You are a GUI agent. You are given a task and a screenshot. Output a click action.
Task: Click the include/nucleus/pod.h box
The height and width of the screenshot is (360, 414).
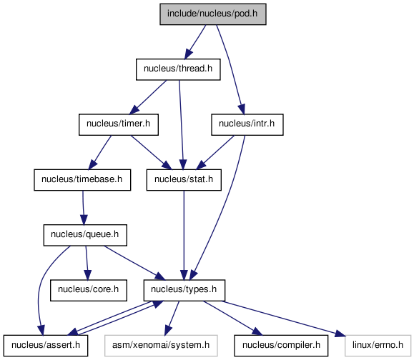[213, 14]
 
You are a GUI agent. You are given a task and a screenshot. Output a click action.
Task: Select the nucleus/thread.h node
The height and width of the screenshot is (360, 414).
[178, 69]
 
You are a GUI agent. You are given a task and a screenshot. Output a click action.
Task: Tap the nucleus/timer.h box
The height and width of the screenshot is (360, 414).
[119, 124]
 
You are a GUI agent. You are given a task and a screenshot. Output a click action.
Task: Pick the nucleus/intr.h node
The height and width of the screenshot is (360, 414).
[247, 124]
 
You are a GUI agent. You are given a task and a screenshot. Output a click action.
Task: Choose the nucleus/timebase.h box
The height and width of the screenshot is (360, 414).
[82, 180]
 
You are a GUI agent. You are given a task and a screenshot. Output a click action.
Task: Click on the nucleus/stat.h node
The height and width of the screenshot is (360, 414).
[184, 180]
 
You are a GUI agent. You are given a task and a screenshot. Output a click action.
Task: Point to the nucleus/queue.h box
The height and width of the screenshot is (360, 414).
[85, 235]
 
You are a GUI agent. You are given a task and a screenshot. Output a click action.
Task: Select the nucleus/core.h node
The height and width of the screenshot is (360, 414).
[89, 290]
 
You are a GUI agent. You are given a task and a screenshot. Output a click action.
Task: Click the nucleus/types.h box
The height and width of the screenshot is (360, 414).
[184, 290]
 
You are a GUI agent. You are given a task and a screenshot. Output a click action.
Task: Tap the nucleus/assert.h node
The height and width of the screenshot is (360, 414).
[46, 346]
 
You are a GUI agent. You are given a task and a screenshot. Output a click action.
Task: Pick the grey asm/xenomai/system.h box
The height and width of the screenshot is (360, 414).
[161, 346]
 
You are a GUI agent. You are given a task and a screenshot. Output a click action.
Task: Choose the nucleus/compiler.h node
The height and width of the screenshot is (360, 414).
[281, 346]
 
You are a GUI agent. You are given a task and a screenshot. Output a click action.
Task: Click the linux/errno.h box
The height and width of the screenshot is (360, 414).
[378, 346]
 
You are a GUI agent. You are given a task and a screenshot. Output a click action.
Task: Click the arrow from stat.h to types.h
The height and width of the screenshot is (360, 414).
[184, 235]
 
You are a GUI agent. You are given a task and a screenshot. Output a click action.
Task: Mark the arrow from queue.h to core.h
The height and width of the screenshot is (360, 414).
[87, 263]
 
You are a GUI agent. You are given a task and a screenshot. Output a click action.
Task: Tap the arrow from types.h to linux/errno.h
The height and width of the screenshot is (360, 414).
[284, 319]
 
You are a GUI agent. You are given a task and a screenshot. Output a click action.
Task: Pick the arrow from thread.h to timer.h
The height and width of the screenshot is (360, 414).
[149, 97]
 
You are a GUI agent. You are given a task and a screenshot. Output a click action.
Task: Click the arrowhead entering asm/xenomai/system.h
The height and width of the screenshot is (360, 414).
[167, 330]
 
